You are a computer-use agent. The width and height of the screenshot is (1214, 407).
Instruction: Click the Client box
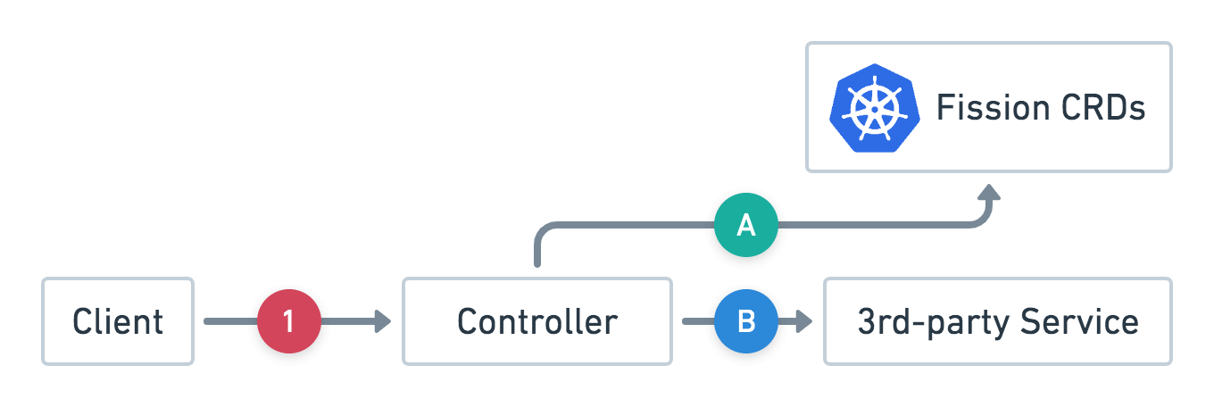pos(118,321)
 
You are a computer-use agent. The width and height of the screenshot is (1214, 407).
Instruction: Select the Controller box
pos(536,321)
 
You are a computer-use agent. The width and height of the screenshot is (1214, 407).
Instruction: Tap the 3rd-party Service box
pos(997,321)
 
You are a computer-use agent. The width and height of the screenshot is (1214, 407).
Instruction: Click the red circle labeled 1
pos(288,321)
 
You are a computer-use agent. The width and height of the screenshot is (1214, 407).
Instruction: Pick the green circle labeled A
pos(746,227)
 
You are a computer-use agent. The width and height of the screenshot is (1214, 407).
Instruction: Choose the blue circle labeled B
pos(746,321)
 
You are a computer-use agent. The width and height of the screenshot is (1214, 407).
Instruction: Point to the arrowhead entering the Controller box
pos(383,321)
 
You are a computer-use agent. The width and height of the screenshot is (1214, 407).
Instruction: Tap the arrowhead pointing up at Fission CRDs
pos(989,192)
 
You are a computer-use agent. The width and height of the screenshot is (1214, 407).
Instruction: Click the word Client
pos(118,321)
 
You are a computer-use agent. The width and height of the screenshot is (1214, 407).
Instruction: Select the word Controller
pos(536,321)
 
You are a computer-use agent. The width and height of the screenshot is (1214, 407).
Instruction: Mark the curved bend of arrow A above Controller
pos(543,233)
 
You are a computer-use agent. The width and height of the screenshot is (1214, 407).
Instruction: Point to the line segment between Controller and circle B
pos(698,321)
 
